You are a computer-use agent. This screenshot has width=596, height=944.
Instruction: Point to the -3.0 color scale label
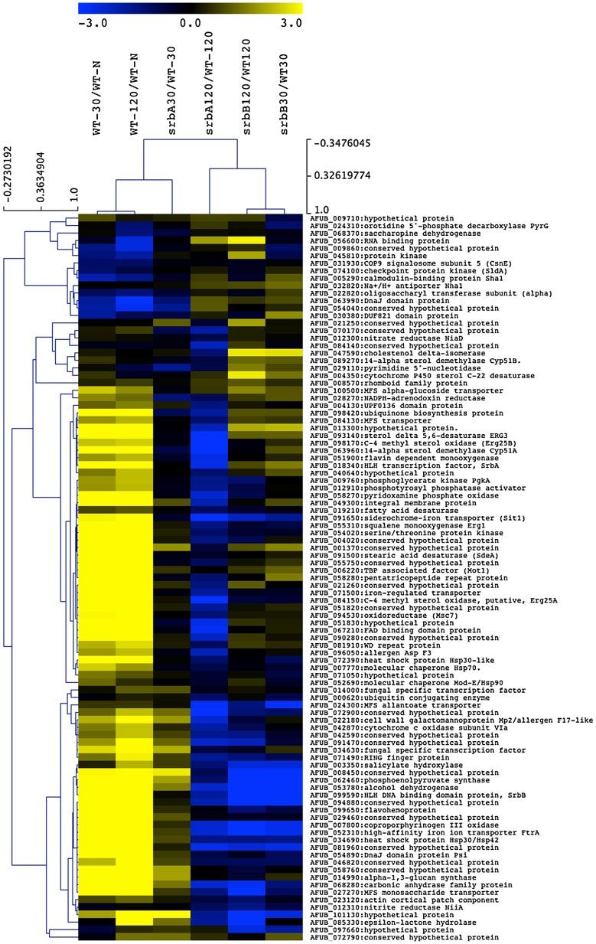tap(90, 23)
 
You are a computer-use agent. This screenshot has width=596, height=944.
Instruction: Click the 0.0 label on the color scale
tap(191, 23)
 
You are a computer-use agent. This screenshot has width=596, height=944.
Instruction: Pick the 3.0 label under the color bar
tap(291, 23)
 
